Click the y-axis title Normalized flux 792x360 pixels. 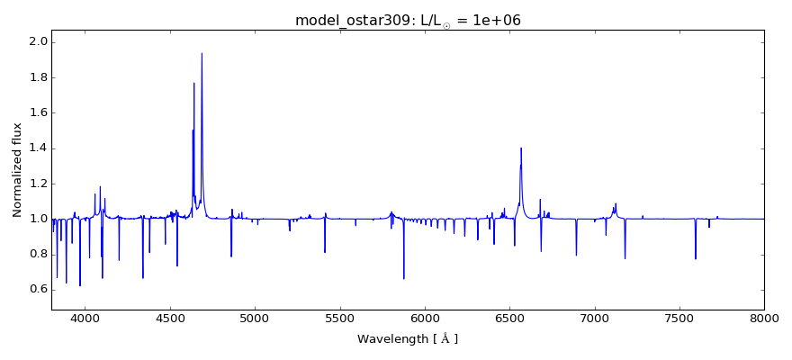pyautogui.click(x=17, y=170)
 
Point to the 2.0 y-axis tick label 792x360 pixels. pyautogui.click(x=38, y=42)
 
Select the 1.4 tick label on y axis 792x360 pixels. pyautogui.click(x=38, y=148)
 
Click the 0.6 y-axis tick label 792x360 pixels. pyautogui.click(x=38, y=289)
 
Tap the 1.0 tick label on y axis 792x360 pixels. pyautogui.click(x=38, y=219)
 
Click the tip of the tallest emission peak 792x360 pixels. pyautogui.click(x=202, y=53)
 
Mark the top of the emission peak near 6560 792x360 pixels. pyautogui.click(x=521, y=148)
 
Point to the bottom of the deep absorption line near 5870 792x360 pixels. pyautogui.click(x=404, y=279)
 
